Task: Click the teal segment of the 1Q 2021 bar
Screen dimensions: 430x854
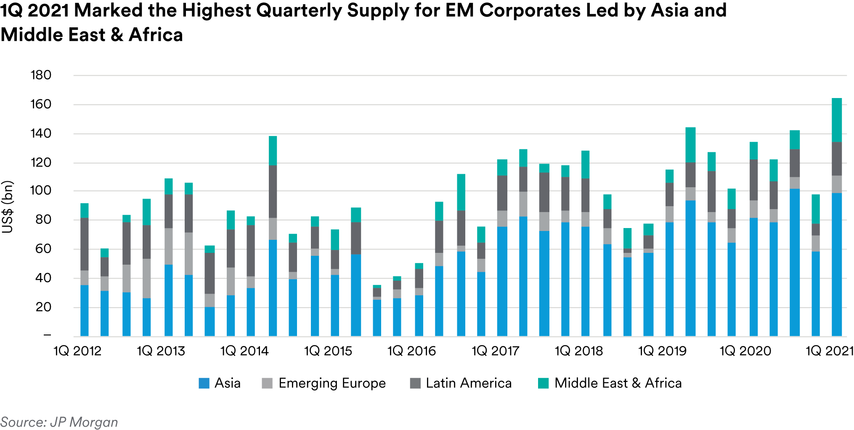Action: (x=836, y=120)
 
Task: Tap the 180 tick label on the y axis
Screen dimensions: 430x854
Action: (x=41, y=75)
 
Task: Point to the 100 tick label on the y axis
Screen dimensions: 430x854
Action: (x=41, y=191)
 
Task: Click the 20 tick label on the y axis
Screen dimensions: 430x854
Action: (x=43, y=307)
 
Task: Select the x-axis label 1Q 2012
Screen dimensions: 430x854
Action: (x=77, y=351)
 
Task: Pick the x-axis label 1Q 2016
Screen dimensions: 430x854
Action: (x=411, y=351)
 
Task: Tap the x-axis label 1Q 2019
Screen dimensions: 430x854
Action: (x=662, y=351)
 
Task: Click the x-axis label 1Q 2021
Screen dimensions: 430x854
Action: (x=829, y=351)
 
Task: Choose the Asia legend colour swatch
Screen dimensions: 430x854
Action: (x=204, y=383)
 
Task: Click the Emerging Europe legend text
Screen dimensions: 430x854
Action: (x=332, y=383)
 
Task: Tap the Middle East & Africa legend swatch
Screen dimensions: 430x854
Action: (x=543, y=383)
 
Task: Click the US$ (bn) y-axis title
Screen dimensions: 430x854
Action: (x=8, y=207)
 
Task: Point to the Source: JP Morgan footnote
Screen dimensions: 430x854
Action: (x=59, y=422)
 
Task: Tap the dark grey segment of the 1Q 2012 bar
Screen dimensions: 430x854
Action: (x=85, y=244)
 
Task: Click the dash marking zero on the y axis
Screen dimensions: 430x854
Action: (x=47, y=335)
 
